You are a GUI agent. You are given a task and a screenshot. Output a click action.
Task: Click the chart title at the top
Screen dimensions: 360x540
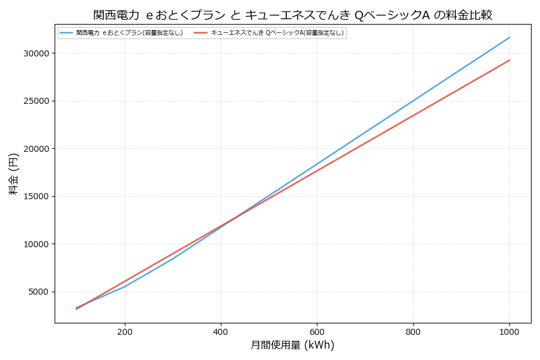pyautogui.click(x=293, y=15)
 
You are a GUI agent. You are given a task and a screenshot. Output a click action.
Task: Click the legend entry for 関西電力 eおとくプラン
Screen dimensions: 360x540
pyautogui.click(x=130, y=33)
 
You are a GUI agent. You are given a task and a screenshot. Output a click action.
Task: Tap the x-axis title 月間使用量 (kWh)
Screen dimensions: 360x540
pyautogui.click(x=292, y=345)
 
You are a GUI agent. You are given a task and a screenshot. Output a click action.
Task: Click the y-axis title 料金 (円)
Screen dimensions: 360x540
pyautogui.click(x=13, y=173)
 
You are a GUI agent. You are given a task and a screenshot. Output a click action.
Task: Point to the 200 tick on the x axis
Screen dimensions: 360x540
pyautogui.click(x=125, y=331)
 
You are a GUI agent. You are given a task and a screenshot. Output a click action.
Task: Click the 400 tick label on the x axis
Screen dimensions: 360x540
pyautogui.click(x=221, y=331)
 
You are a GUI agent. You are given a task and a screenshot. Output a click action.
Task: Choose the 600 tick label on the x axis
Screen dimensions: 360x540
pyautogui.click(x=317, y=331)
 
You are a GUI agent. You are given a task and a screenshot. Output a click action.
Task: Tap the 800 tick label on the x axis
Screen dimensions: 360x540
pyautogui.click(x=413, y=331)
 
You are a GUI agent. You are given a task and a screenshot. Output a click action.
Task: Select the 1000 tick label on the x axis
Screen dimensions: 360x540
pyautogui.click(x=509, y=331)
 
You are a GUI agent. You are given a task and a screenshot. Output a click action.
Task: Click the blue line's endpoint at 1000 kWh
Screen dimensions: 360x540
pyautogui.click(x=509, y=37)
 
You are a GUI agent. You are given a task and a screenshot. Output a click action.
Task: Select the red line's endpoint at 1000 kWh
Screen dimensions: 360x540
pyautogui.click(x=509, y=60)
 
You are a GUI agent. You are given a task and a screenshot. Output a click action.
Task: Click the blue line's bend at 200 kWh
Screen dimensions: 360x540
pyautogui.click(x=125, y=286)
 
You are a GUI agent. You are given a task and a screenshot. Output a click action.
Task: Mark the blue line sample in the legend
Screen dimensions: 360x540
pyautogui.click(x=66, y=33)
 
